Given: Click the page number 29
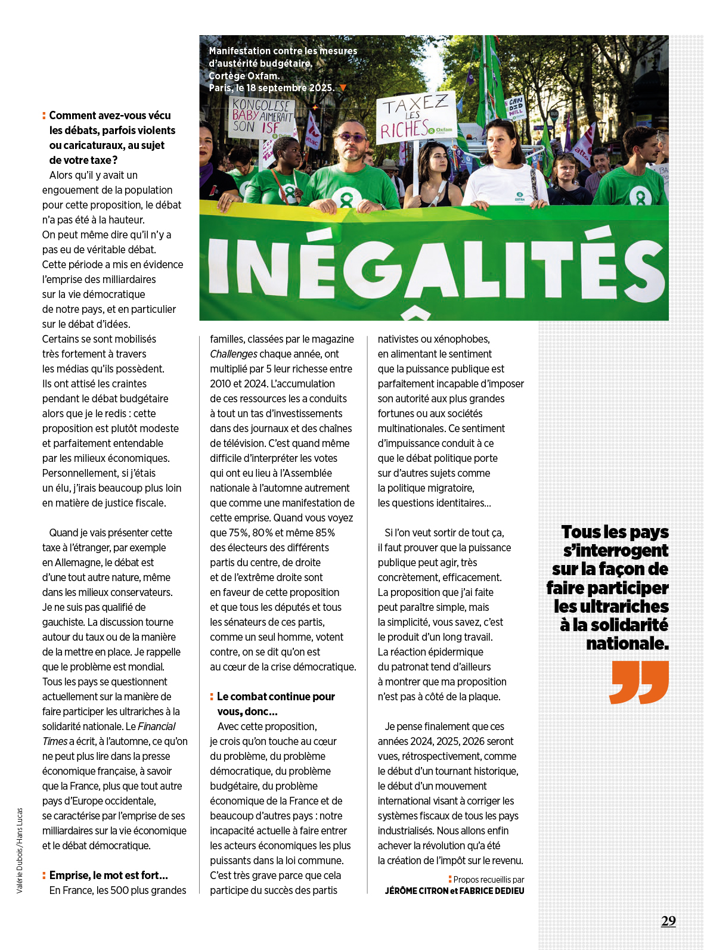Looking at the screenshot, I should click(x=668, y=921).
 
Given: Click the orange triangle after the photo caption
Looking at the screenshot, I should click(x=343, y=88).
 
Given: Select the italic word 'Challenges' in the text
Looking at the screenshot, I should click(x=234, y=354).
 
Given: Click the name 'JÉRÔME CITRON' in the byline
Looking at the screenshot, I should click(x=416, y=891).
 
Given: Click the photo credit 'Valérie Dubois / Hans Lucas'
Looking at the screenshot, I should click(x=20, y=850).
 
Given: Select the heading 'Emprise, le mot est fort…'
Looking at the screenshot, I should click(x=108, y=876).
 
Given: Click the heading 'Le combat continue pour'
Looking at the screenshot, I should click(x=275, y=697).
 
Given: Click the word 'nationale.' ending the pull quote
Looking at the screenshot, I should click(x=627, y=644).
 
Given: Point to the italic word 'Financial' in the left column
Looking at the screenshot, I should click(x=157, y=727).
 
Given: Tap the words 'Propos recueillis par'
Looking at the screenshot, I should click(x=489, y=880).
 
